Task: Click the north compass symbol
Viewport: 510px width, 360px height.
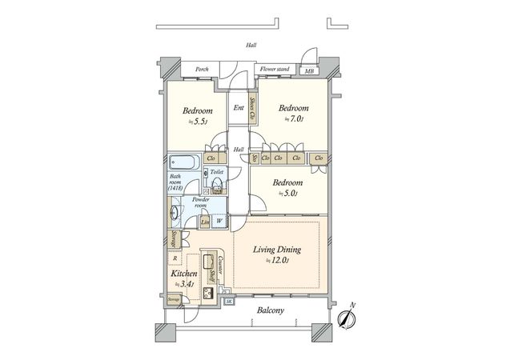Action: tap(346, 318)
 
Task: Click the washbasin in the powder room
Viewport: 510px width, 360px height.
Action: tap(174, 215)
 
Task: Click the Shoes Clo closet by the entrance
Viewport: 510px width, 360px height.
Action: tap(253, 109)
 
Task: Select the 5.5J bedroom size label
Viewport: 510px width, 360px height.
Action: tap(196, 122)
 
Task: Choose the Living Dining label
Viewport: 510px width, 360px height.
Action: tap(276, 250)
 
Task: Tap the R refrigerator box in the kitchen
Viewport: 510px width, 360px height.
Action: tap(175, 258)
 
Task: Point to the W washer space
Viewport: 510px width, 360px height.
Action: tap(219, 222)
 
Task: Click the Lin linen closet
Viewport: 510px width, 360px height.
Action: tap(206, 222)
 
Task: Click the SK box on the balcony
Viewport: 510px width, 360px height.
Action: tap(228, 301)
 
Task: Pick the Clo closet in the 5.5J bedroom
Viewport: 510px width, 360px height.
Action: tap(213, 158)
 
